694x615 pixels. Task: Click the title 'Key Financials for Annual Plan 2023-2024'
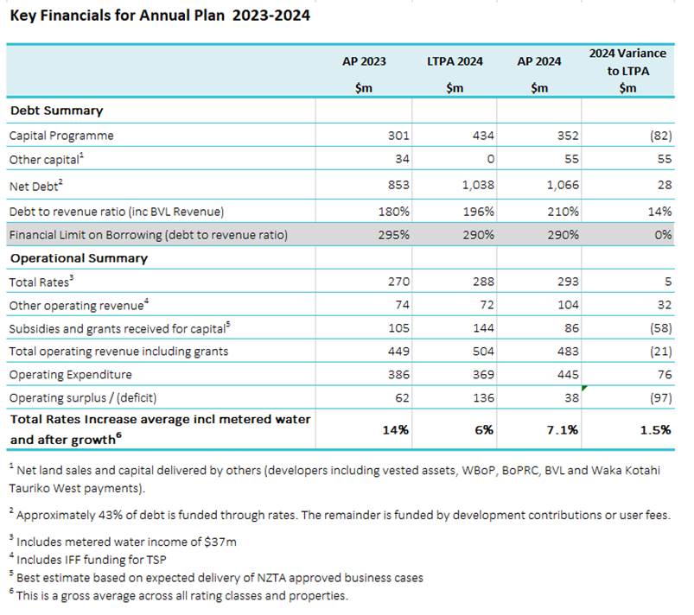point(160,16)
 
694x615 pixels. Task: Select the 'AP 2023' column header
point(364,61)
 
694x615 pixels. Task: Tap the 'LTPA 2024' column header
point(455,61)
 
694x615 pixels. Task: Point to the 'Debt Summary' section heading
point(57,111)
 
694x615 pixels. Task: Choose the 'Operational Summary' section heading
point(79,258)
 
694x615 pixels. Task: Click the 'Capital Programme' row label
point(61,136)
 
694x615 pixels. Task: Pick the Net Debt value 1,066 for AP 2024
point(563,185)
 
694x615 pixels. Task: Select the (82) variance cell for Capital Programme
point(661,136)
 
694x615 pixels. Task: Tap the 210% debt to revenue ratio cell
point(563,212)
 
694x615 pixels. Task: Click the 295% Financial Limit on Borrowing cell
point(393,234)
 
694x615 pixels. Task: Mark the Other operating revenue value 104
point(568,305)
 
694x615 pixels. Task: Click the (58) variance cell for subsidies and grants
point(661,328)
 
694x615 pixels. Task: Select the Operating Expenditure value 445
point(568,375)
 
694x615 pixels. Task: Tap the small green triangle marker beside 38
point(583,388)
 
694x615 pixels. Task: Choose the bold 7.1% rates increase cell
point(562,430)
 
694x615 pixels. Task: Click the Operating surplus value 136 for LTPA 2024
point(483,397)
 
